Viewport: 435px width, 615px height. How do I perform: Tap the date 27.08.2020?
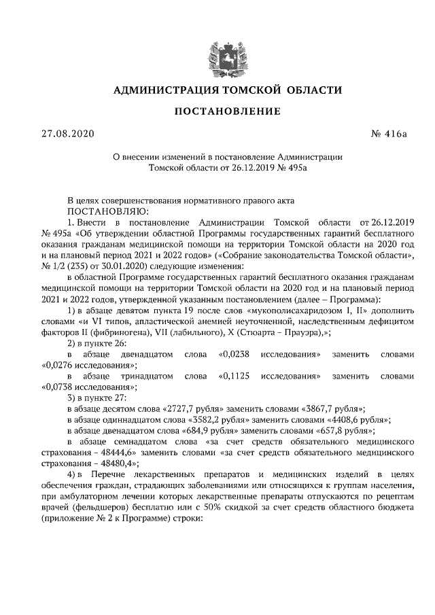coord(66,133)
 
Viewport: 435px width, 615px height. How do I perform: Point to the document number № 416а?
coord(388,133)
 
